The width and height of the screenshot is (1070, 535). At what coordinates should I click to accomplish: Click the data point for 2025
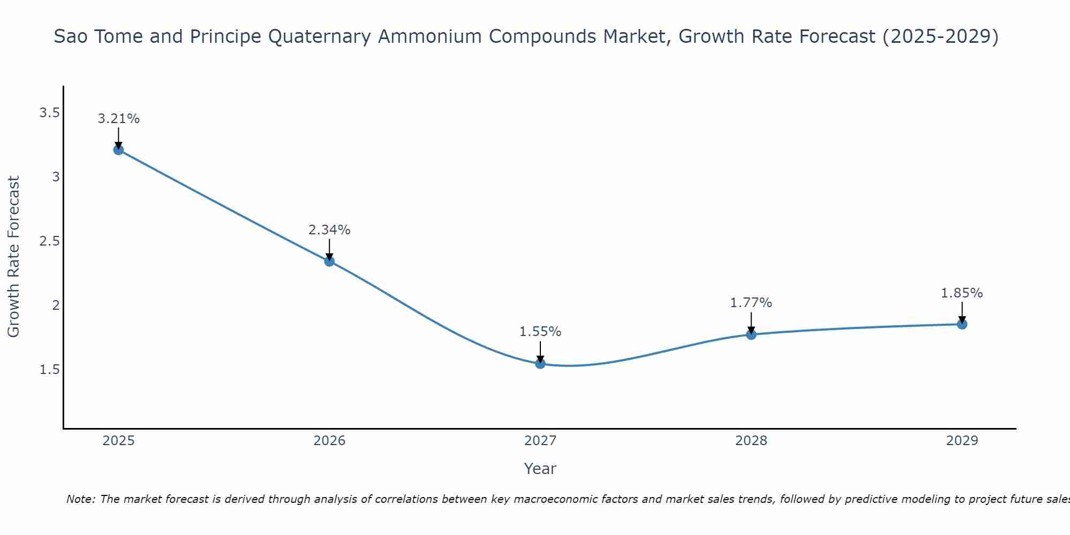(x=118, y=150)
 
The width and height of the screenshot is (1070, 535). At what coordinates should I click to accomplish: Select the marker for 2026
(x=330, y=261)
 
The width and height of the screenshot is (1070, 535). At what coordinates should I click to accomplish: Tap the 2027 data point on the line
(x=540, y=364)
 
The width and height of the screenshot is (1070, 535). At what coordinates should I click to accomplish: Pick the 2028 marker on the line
(x=751, y=335)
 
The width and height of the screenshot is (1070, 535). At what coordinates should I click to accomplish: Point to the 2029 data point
(x=962, y=324)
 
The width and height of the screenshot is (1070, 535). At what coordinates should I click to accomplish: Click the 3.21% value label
(x=118, y=119)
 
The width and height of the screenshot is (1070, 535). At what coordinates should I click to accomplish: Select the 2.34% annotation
(x=330, y=230)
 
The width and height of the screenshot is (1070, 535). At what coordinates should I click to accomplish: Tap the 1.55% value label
(x=540, y=332)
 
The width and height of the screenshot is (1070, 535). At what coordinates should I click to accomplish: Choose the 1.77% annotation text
(x=751, y=303)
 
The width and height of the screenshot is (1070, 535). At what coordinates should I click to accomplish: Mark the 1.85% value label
(x=962, y=293)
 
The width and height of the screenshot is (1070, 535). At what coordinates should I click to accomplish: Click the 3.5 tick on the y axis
(x=49, y=113)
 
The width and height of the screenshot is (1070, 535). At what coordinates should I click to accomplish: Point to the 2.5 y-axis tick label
(x=49, y=241)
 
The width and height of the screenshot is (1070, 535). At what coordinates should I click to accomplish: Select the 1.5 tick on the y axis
(x=49, y=370)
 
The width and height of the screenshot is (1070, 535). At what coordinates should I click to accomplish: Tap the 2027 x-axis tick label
(x=540, y=441)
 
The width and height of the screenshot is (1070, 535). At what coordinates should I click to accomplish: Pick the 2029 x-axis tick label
(x=962, y=441)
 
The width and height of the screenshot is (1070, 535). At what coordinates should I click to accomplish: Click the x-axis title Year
(x=540, y=469)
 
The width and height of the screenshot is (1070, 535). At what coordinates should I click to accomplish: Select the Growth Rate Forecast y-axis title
(x=13, y=257)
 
